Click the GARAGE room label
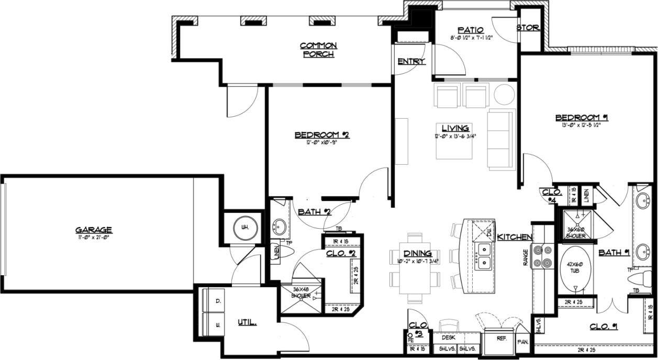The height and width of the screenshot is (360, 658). [94, 230]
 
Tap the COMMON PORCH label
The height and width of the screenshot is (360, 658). [318, 50]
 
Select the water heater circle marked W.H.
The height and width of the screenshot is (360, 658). [244, 228]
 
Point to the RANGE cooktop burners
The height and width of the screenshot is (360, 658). [540, 256]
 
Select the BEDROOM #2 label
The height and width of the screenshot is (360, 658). [321, 135]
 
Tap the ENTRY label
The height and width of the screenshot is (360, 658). [411, 62]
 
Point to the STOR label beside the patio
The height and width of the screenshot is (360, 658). [528, 28]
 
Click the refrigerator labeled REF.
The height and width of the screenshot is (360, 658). [501, 340]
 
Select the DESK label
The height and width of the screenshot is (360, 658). [449, 338]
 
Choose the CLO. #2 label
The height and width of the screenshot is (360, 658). [341, 254]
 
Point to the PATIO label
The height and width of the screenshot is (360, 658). [470, 30]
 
